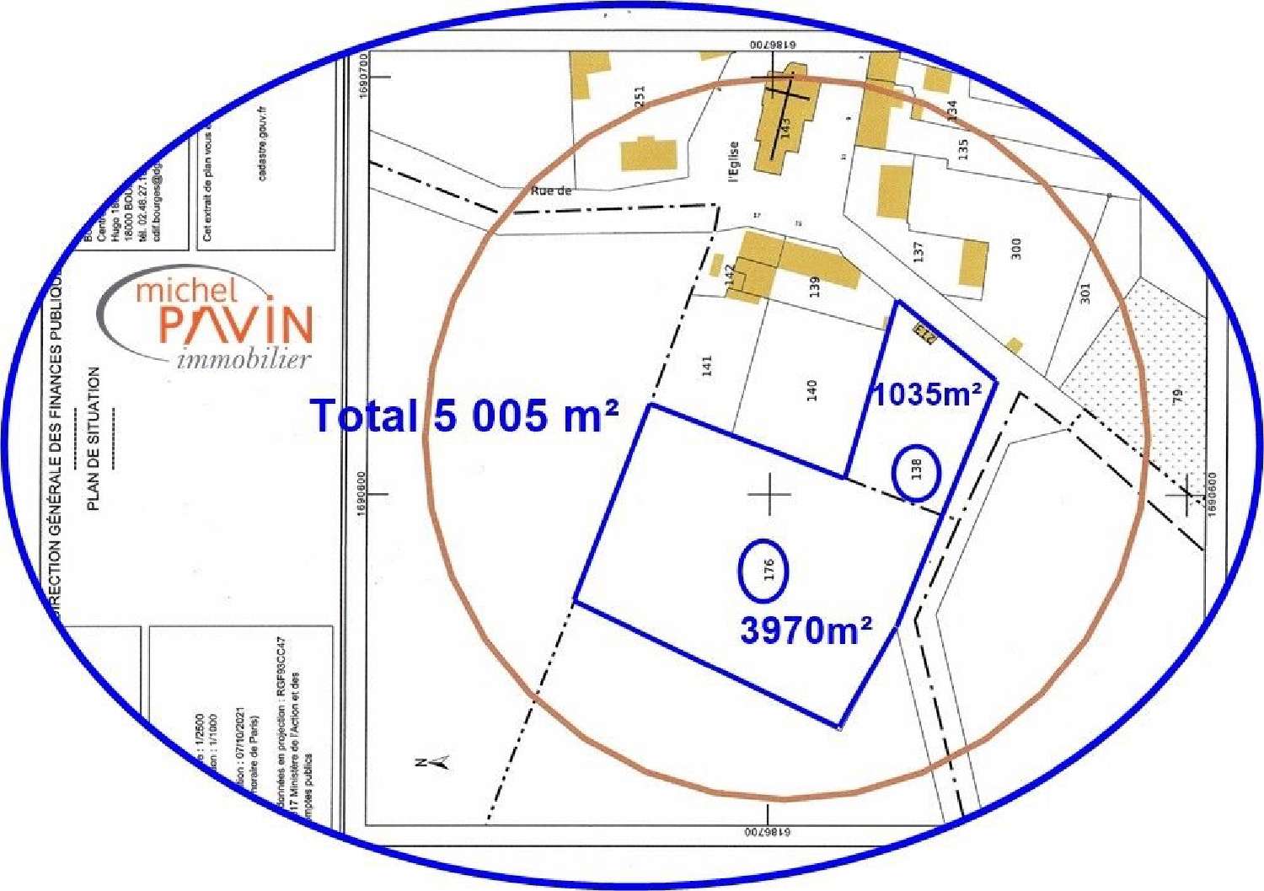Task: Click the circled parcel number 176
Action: click(x=768, y=571)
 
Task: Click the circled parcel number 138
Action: click(x=917, y=469)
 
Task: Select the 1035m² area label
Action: click(x=926, y=394)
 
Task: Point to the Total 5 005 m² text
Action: click(x=465, y=416)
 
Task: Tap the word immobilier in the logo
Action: click(x=244, y=360)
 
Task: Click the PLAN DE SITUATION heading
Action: click(x=94, y=438)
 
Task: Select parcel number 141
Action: click(x=707, y=365)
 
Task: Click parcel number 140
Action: click(x=811, y=389)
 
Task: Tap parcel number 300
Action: click(x=1016, y=249)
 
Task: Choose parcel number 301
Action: click(x=1085, y=293)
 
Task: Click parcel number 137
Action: click(x=919, y=250)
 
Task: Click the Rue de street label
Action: click(x=551, y=191)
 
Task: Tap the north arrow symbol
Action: click(x=433, y=763)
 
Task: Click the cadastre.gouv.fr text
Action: click(x=262, y=143)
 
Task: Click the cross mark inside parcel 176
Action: click(x=769, y=494)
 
